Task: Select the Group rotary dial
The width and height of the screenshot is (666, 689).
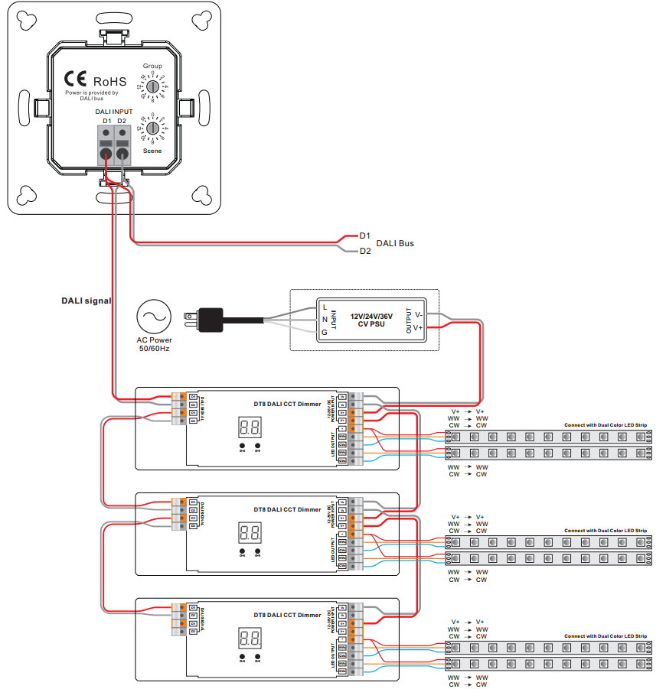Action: (x=153, y=87)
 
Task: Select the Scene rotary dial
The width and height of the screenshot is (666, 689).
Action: (x=153, y=128)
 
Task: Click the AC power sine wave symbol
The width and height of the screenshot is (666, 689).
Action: (x=153, y=315)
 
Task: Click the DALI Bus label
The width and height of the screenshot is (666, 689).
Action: (x=395, y=243)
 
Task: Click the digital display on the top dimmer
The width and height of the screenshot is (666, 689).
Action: (x=250, y=427)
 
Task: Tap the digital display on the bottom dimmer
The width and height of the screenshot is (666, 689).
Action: (x=250, y=636)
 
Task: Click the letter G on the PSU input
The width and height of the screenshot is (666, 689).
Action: (x=325, y=333)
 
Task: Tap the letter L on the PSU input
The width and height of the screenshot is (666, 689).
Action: (x=325, y=307)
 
